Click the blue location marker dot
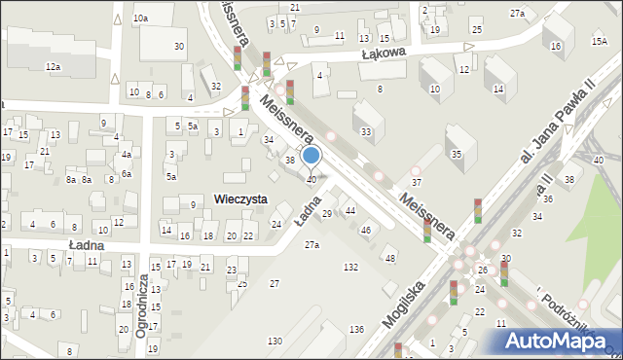point(311,155)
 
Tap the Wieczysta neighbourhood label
point(240,198)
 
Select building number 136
point(357,331)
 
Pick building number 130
point(275,341)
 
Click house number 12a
point(53,66)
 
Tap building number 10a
point(141,18)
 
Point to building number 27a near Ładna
point(311,245)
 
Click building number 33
point(366,131)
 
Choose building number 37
point(416,183)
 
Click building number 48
point(390,258)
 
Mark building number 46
point(365,231)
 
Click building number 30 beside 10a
point(179,47)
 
